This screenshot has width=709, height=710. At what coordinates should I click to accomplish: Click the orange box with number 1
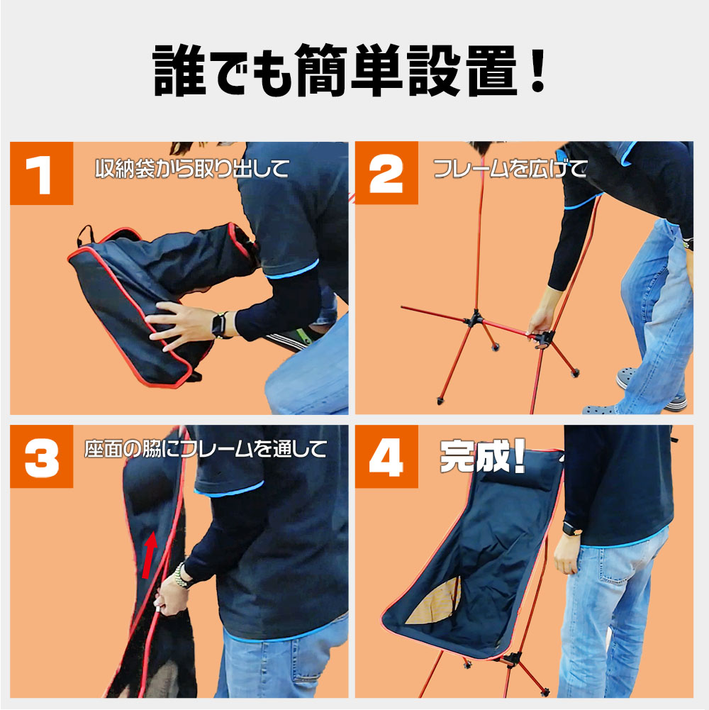pyautogui.click(x=41, y=174)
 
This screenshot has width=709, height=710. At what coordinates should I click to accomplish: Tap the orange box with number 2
pyautogui.click(x=386, y=173)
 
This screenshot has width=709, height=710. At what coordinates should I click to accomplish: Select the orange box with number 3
pyautogui.click(x=41, y=457)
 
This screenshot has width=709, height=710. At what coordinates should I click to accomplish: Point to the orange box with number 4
pyautogui.click(x=386, y=457)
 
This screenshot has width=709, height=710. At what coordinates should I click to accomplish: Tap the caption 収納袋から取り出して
pyautogui.click(x=192, y=168)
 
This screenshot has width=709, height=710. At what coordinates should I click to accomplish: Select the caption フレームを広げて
pyautogui.click(x=510, y=168)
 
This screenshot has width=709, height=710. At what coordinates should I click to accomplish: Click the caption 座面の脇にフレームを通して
pyautogui.click(x=206, y=449)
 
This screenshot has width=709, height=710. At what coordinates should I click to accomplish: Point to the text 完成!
pyautogui.click(x=482, y=457)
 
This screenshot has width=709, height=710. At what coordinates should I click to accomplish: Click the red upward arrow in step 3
pyautogui.click(x=150, y=555)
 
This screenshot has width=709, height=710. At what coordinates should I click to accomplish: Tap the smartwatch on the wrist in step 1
pyautogui.click(x=219, y=325)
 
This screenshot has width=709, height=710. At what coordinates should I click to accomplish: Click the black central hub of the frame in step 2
pyautogui.click(x=475, y=318)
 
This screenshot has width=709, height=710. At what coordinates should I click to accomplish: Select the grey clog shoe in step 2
pyautogui.click(x=627, y=377)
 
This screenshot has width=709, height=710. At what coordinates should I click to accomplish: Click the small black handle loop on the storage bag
pyautogui.click(x=85, y=235)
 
